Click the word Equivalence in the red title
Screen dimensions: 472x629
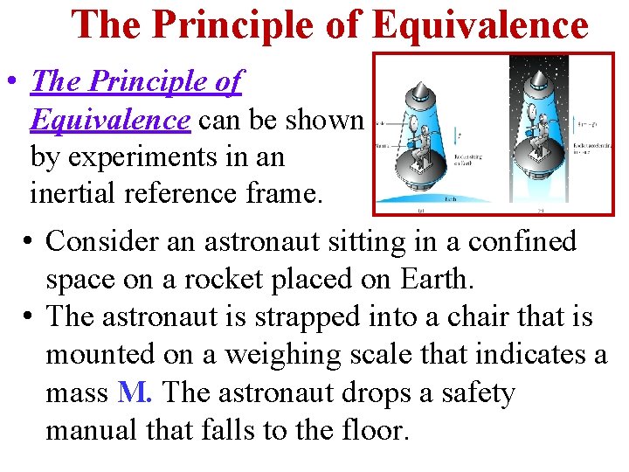point(480,24)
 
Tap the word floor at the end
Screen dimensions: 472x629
point(371,430)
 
